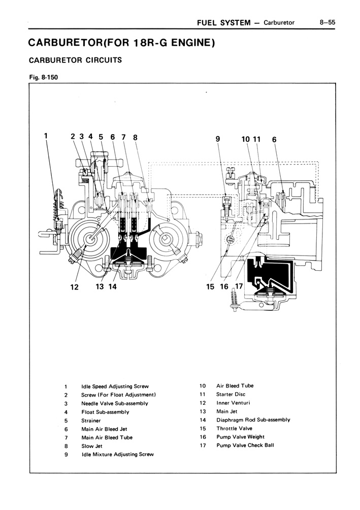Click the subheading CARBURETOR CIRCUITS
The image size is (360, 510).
(x=75, y=60)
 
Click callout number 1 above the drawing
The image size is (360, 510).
(x=46, y=136)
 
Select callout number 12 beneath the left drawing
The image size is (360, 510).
(x=74, y=286)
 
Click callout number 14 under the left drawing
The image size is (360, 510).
(x=112, y=286)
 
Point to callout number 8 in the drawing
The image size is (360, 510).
(x=135, y=137)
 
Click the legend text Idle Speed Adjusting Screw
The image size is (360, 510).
(x=115, y=387)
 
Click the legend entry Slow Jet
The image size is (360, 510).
(x=92, y=446)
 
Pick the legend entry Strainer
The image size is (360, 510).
(x=91, y=421)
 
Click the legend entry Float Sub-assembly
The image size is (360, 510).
(x=105, y=412)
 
